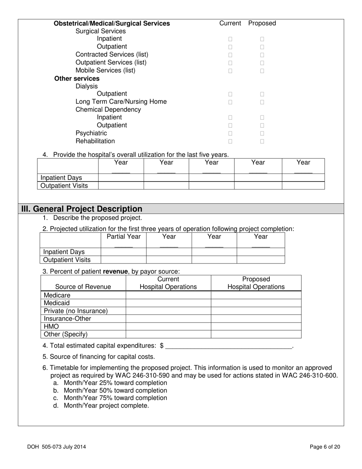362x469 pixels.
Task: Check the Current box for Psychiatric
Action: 230,133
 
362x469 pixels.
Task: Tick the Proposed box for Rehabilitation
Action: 262,141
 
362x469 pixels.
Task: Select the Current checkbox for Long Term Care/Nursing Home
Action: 230,102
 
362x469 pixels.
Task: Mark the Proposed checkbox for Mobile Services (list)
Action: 262,71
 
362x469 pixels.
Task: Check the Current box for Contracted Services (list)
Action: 230,55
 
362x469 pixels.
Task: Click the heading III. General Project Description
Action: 82,209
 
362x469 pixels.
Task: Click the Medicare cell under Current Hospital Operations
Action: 168,295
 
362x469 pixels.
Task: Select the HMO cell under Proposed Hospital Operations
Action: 256,327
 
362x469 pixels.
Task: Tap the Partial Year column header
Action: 123,237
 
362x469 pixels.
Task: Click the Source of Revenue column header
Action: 83,287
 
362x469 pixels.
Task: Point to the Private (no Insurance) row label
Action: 76,311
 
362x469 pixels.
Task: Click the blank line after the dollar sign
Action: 229,346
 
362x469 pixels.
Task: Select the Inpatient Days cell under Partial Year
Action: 123,252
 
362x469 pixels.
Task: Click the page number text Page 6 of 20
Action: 325,447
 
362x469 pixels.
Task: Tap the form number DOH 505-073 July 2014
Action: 56,447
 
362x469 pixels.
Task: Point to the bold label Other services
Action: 77,79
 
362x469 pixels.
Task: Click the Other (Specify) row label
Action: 66,334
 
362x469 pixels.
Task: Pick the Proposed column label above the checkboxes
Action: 262,23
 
